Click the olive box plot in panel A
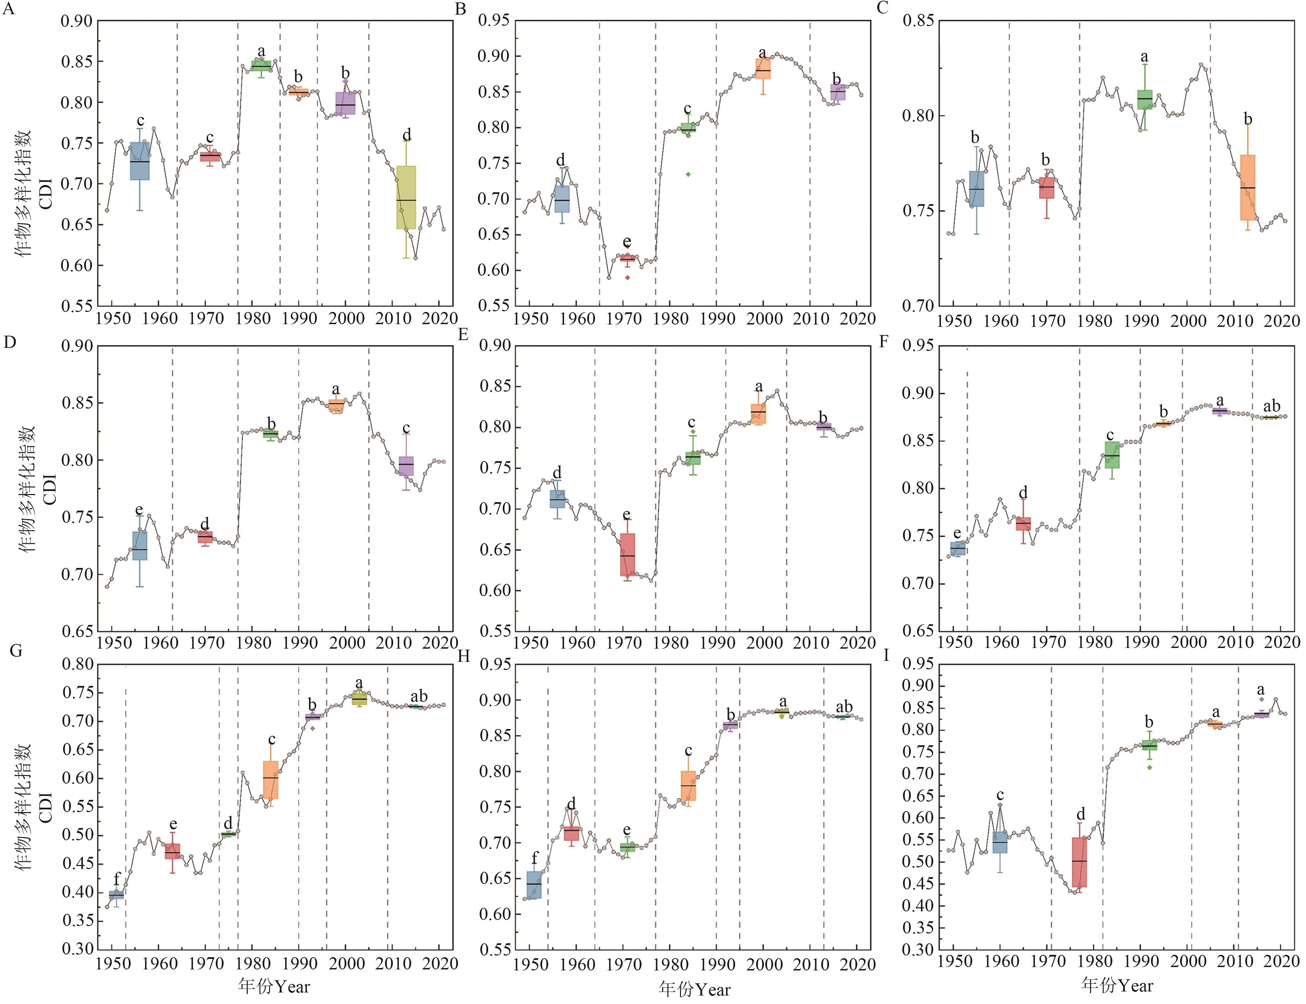point(406,197)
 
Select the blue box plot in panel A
point(140,161)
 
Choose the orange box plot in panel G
point(271,779)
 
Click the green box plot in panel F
point(1112,455)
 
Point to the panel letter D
point(9,342)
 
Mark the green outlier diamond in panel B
point(688,175)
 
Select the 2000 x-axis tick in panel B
point(763,318)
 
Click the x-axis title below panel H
point(694,989)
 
